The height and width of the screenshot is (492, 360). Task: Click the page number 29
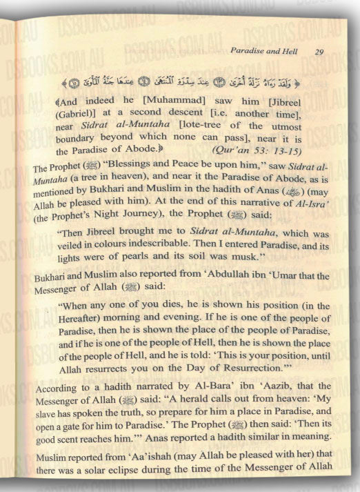tap(319, 51)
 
